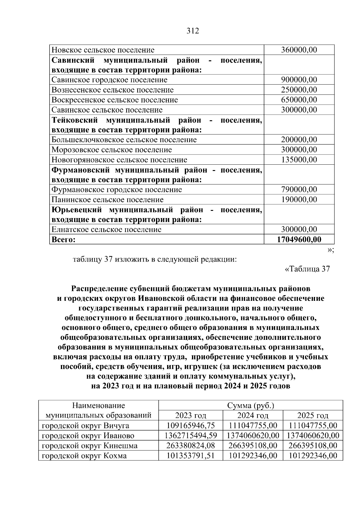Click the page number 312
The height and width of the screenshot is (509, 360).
[193, 31]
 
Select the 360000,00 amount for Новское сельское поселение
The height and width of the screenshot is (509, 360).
[299, 50]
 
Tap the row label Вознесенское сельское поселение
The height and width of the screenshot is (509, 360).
[112, 90]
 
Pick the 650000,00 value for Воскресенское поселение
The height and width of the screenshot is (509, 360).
[299, 100]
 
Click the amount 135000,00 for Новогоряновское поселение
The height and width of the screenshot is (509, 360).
[299, 160]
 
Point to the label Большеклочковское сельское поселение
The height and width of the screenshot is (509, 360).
[124, 140]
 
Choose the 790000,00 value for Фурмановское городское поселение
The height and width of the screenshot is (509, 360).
[299, 190]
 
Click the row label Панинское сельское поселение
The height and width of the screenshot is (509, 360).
[107, 200]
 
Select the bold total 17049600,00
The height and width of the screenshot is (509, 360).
[299, 240]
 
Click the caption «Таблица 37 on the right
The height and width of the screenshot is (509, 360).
[307, 269]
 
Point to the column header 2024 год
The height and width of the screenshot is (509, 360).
[253, 416]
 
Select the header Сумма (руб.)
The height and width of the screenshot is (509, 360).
[250, 406]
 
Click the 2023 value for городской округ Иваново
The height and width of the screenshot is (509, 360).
[191, 436]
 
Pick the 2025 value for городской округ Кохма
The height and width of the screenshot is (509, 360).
[313, 456]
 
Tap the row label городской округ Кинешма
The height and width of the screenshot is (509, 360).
[89, 446]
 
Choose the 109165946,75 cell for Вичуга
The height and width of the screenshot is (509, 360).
[191, 426]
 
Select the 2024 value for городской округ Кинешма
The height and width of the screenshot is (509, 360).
[253, 446]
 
